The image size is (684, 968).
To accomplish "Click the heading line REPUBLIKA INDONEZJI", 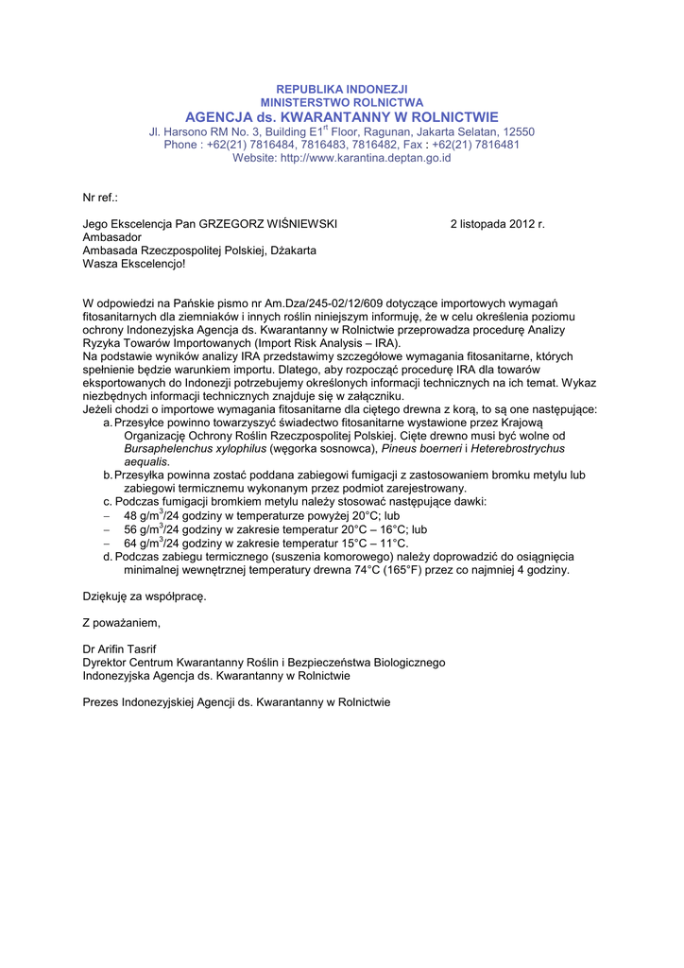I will [342, 89].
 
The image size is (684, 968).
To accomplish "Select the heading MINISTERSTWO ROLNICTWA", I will [342, 102].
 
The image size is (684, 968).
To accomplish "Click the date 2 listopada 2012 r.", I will [497, 224].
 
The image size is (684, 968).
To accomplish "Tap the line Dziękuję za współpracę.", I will [144, 596].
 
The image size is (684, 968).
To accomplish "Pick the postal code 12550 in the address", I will [519, 132].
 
